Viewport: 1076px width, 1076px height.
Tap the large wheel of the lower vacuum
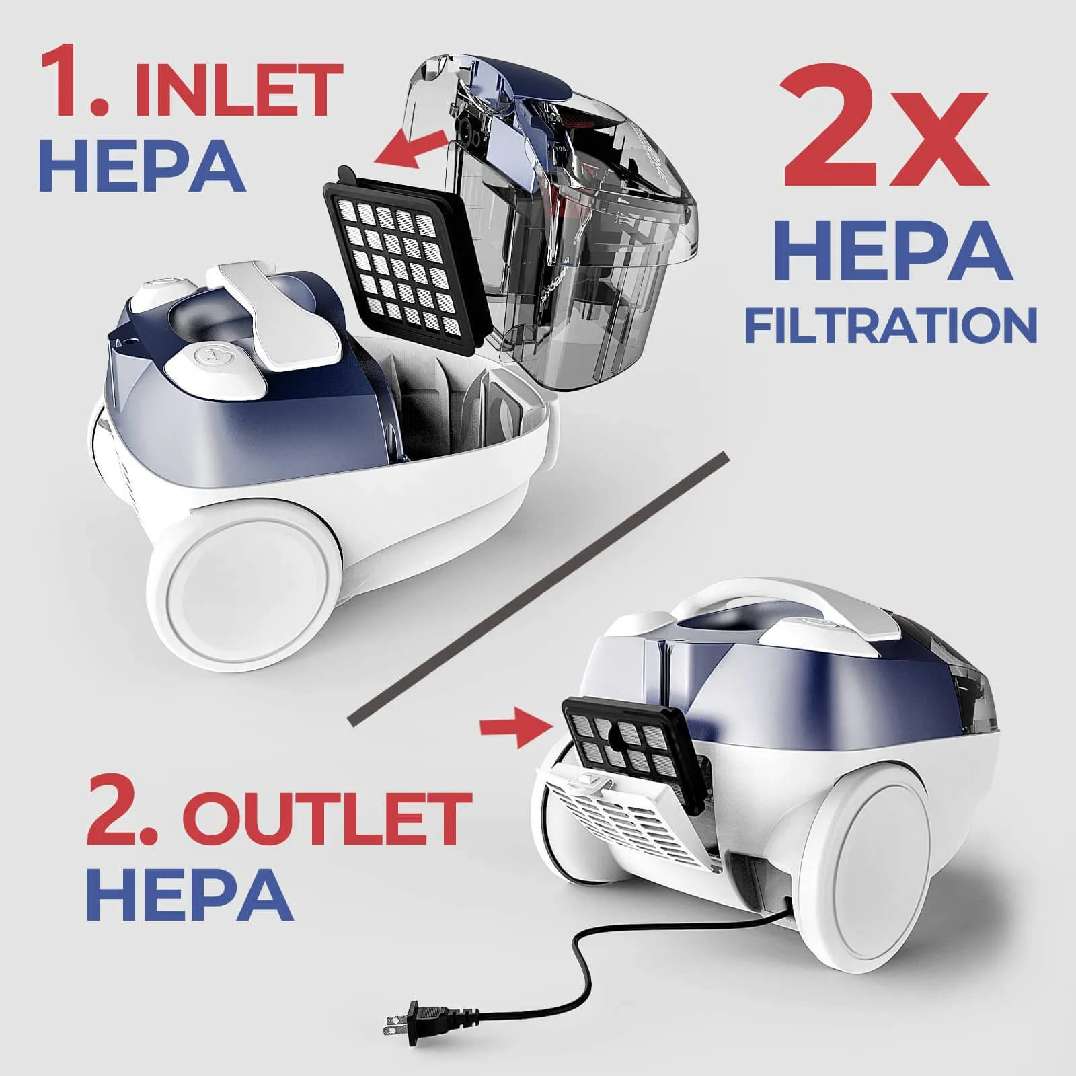(874, 854)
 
